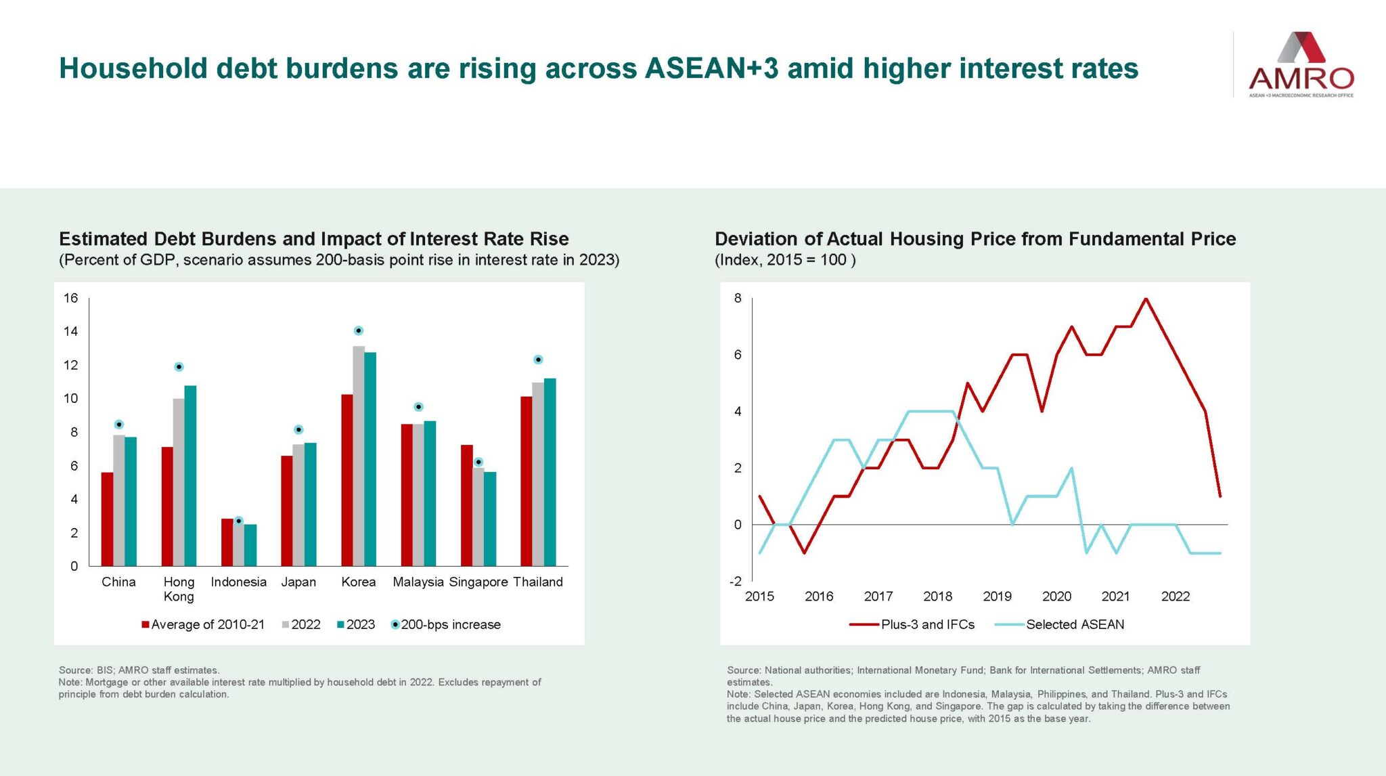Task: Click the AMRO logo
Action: [1300, 64]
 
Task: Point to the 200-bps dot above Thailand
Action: [538, 360]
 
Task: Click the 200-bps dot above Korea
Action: [359, 330]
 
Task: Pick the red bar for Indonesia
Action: [227, 542]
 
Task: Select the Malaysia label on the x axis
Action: [418, 582]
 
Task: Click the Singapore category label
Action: [478, 582]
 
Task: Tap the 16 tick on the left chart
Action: [71, 298]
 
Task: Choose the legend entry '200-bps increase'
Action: [446, 624]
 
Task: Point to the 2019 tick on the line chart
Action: [997, 597]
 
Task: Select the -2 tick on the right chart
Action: [735, 582]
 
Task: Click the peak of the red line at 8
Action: [1146, 299]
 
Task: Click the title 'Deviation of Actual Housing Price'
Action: [975, 239]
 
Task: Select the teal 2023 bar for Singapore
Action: [490, 519]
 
